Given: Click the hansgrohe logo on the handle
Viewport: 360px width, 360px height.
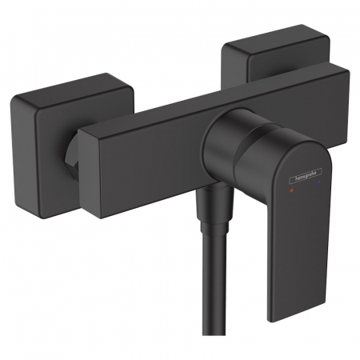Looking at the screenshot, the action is pos(306,176).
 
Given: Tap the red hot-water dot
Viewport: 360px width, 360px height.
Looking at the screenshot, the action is pos(291,190).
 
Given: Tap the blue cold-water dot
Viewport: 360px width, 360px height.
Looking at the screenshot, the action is pos(319,182).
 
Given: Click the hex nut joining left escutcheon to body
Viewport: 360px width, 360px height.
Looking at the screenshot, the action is pos(72,152).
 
